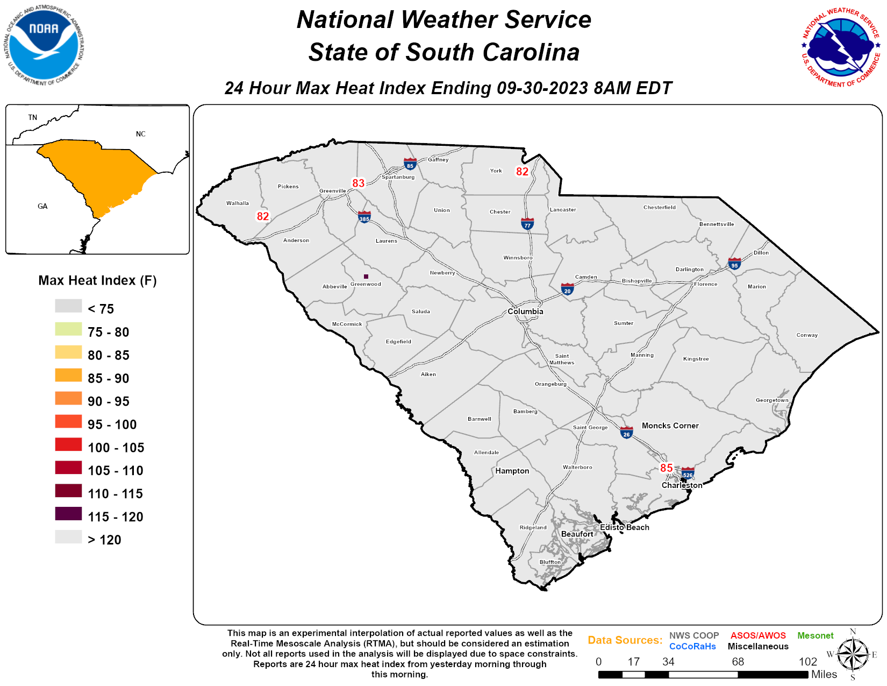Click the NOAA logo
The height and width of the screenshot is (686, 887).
tap(44, 45)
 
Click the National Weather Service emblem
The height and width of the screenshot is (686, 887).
tap(841, 47)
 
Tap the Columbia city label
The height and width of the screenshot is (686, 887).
tap(525, 312)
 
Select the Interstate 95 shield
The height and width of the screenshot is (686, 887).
tap(734, 264)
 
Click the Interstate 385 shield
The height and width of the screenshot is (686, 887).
tap(364, 217)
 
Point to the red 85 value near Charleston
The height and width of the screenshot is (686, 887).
tap(666, 468)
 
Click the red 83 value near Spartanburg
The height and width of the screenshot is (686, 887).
tap(359, 183)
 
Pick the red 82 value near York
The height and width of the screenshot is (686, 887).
tap(522, 172)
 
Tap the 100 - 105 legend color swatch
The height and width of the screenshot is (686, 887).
tap(68, 444)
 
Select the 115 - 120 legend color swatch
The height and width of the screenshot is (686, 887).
tap(68, 514)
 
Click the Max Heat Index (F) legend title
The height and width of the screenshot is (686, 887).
tap(97, 280)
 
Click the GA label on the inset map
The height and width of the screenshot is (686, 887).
tap(42, 206)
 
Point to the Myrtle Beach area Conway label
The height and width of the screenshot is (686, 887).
tap(807, 335)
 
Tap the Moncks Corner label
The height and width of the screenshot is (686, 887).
tap(670, 426)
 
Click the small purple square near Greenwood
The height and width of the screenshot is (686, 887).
tap(366, 277)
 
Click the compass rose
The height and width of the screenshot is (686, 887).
tap(853, 655)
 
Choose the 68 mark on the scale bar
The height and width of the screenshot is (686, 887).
tap(738, 662)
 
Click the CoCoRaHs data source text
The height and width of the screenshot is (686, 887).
tap(692, 647)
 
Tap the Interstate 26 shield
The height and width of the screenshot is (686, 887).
tap(626, 433)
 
